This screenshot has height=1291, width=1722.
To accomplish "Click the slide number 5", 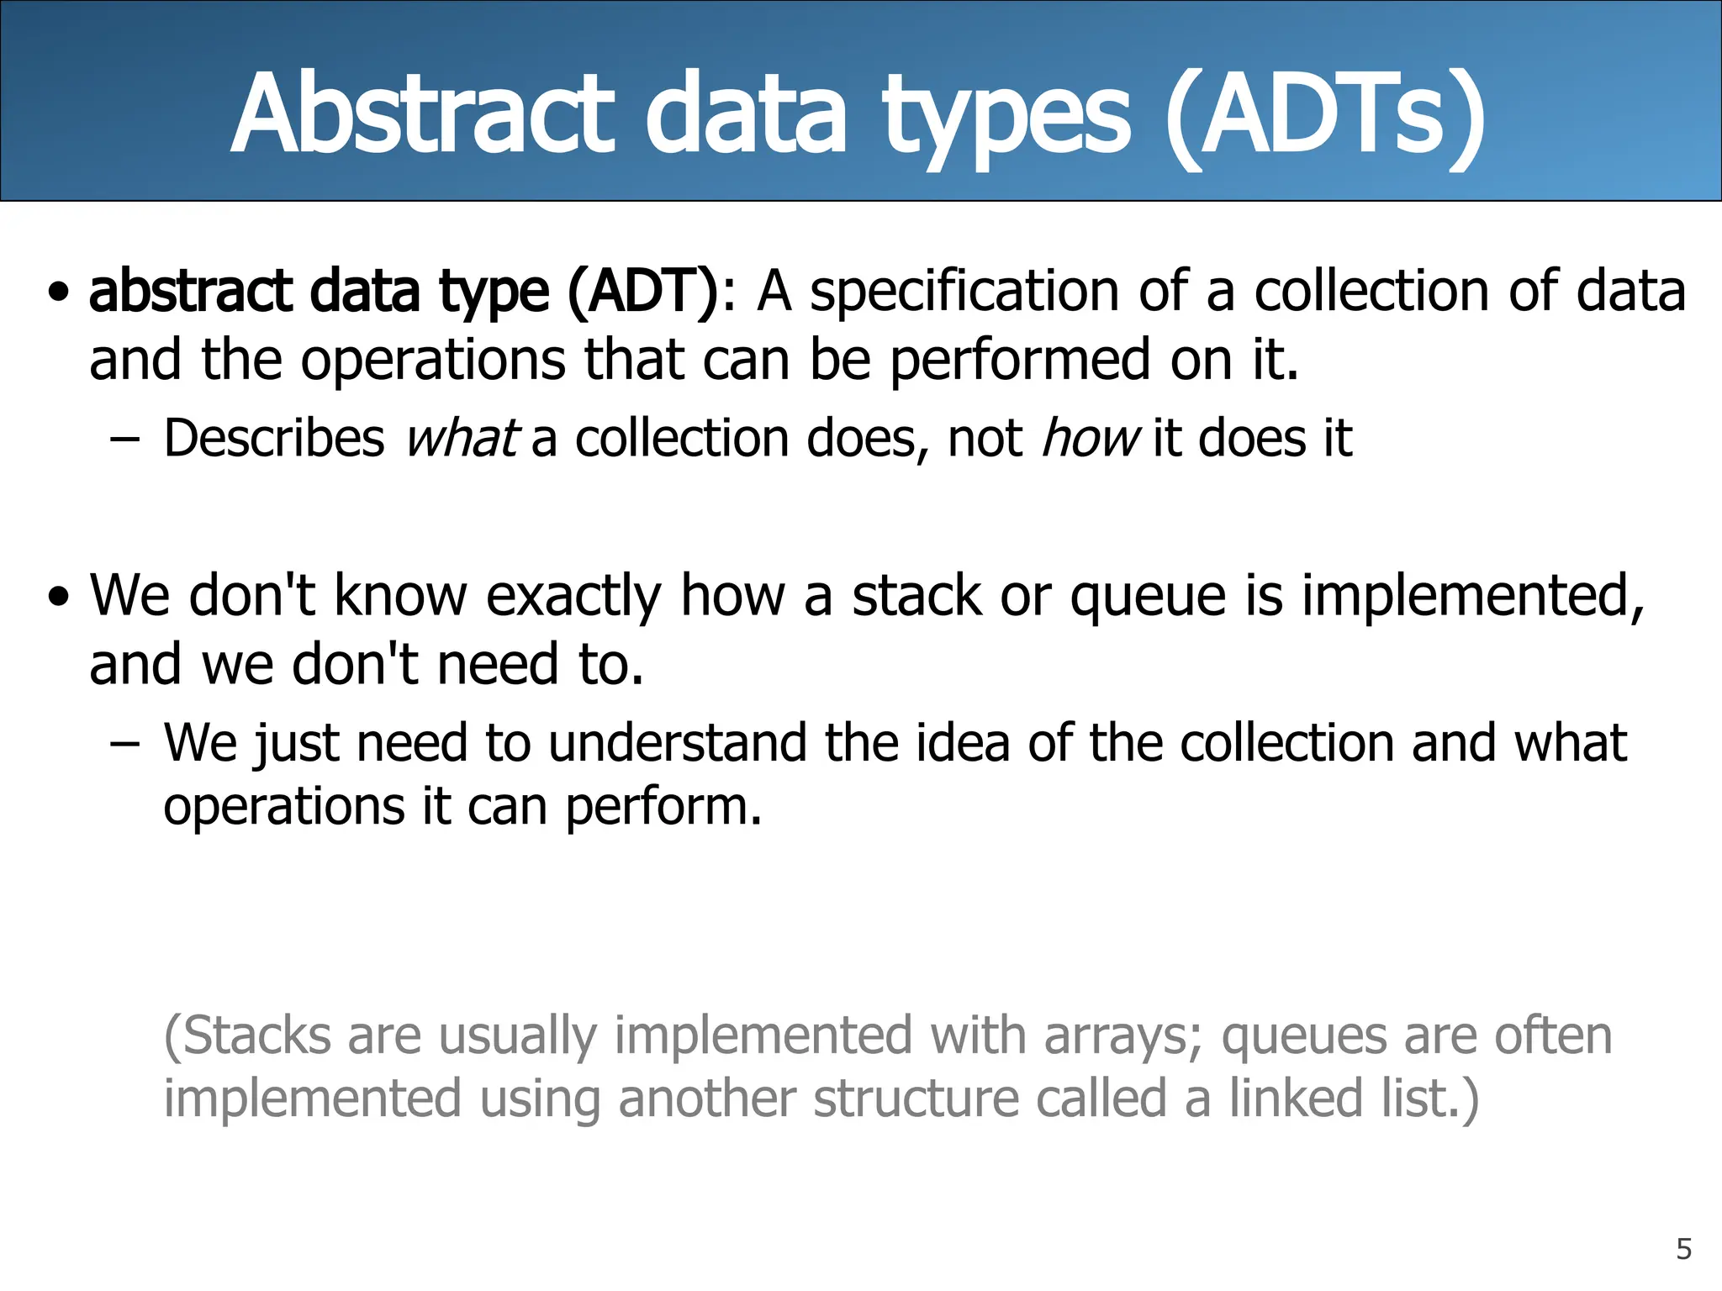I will (1683, 1249).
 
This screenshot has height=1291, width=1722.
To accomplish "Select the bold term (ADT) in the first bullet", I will (643, 292).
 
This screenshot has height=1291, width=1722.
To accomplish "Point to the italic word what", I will (461, 438).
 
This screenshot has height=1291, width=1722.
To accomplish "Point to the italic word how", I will (1090, 438).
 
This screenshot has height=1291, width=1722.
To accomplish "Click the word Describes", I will (274, 438).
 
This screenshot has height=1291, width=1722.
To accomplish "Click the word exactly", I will (574, 597).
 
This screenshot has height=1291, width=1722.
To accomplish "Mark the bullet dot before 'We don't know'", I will (59, 598).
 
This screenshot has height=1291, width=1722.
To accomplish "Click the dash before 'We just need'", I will (124, 744).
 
